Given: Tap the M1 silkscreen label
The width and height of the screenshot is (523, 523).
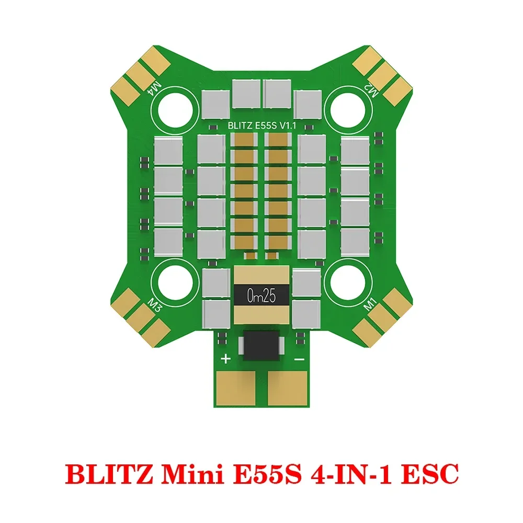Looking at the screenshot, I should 370,304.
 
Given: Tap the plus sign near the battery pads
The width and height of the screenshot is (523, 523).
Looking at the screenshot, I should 226,359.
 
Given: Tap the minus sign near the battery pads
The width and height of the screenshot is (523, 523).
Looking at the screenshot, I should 300,359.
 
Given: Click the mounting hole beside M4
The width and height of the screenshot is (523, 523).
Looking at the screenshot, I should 175,107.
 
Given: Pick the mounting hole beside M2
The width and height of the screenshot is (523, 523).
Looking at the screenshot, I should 348,107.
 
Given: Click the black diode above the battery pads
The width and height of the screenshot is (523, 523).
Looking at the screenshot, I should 261,346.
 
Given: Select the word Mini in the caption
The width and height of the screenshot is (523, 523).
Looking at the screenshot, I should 180,474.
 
